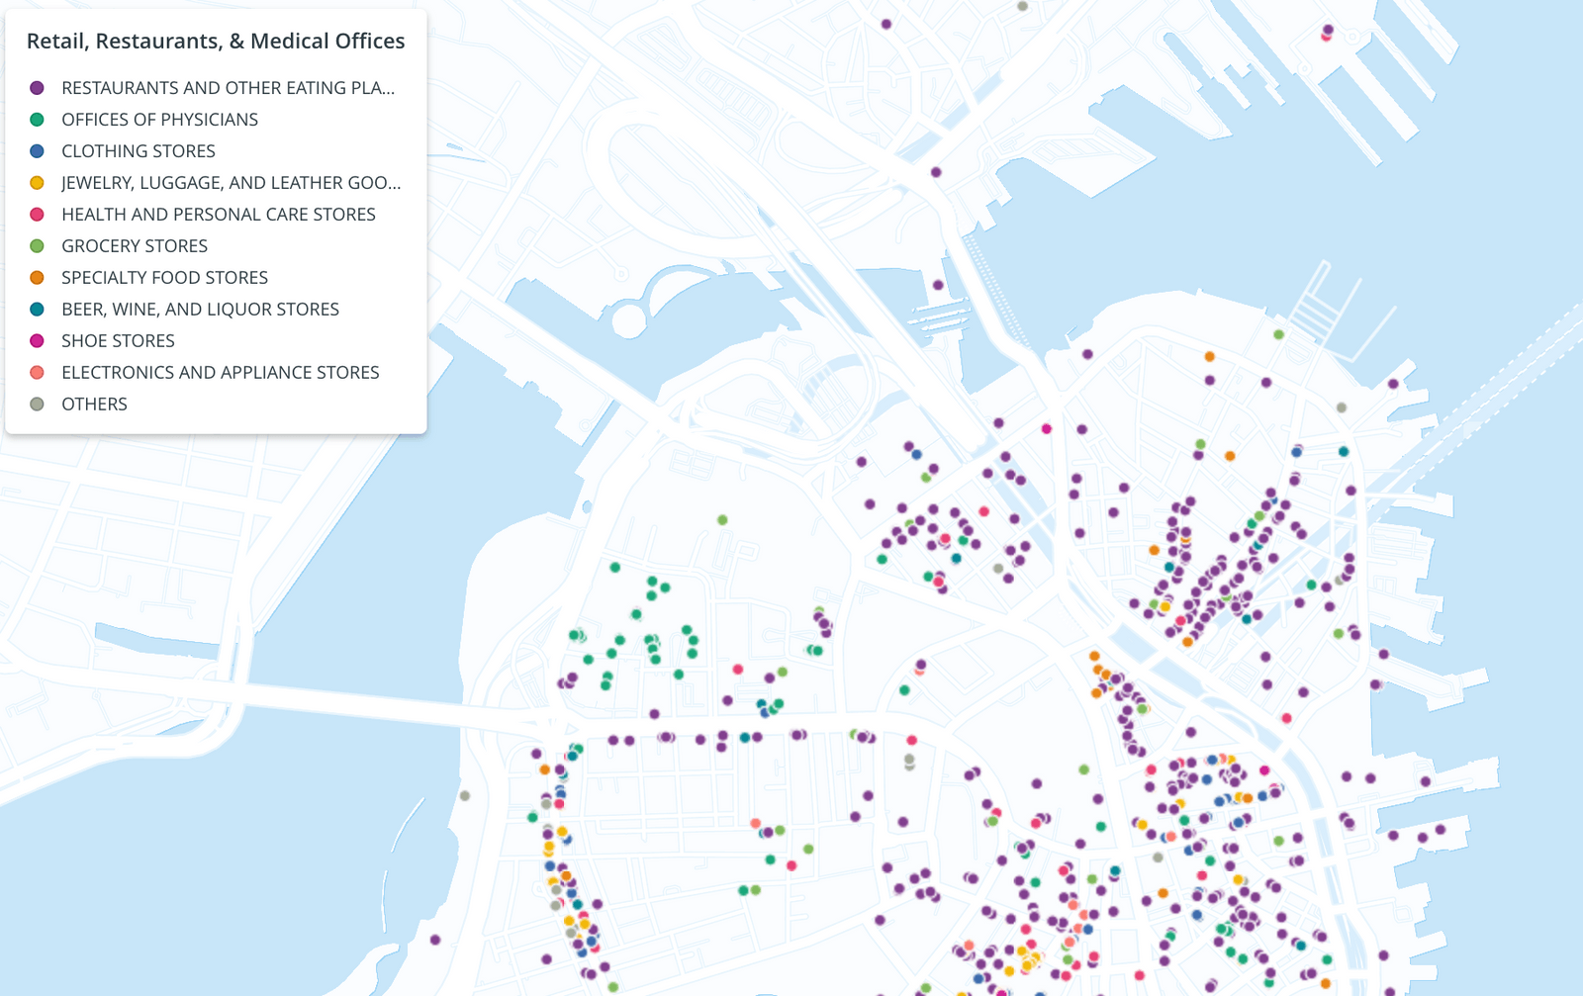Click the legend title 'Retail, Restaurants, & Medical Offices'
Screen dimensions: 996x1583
pos(216,41)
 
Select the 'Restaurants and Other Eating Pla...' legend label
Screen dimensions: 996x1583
pos(228,88)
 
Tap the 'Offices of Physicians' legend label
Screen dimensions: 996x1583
pos(159,120)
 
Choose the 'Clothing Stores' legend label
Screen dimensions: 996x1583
pos(139,151)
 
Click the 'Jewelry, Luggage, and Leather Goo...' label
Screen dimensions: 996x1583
pos(231,183)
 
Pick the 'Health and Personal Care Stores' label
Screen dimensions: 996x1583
pos(219,215)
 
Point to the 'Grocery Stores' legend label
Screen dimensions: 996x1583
pos(135,246)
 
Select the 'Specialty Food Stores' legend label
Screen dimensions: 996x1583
pos(164,278)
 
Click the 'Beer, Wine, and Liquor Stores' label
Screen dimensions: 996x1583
pos(200,310)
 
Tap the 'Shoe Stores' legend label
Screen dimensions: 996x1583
pos(118,341)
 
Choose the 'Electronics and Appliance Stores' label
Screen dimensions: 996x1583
pos(221,373)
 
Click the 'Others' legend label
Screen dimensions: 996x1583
pos(94,405)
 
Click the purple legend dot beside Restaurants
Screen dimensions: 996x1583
pos(37,88)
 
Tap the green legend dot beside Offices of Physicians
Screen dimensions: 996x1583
pos(37,120)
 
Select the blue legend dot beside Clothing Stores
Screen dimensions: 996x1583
pos(37,151)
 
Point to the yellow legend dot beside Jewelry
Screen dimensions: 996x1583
pos(37,183)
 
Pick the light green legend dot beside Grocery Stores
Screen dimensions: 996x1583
pos(37,246)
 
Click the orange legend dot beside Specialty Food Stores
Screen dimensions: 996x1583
pos(37,278)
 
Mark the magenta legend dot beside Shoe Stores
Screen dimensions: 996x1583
pos(37,341)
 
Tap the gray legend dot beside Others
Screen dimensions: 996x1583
pos(37,405)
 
